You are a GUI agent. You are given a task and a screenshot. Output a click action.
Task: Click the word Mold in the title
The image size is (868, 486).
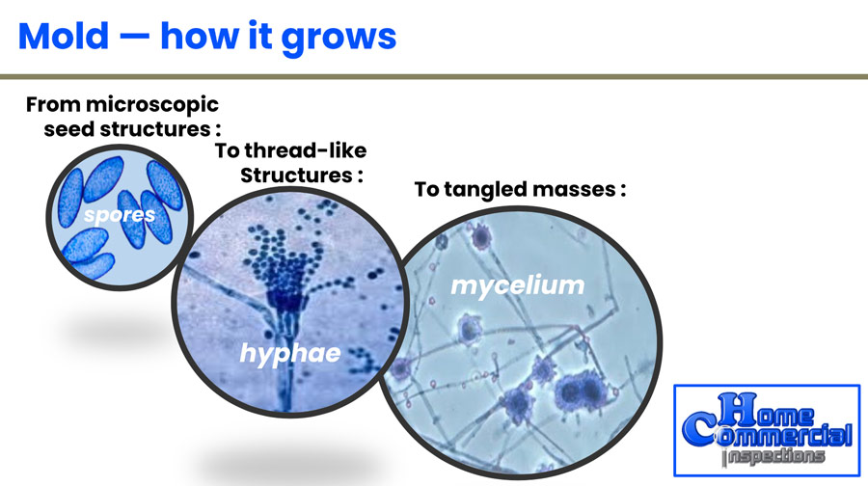point(63,36)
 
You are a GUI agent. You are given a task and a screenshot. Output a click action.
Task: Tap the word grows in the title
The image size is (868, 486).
point(339,39)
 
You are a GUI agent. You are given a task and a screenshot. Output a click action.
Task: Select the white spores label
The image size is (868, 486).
point(120,215)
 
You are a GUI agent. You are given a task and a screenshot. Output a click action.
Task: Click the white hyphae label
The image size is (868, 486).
point(290,354)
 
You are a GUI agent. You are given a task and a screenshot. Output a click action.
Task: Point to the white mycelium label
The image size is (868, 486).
point(518,286)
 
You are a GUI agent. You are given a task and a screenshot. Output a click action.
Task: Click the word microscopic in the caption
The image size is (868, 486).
point(152,105)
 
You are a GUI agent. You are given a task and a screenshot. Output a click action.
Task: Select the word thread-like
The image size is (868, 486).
point(306,150)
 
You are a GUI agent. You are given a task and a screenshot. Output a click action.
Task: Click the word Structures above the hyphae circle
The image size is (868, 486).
point(296,175)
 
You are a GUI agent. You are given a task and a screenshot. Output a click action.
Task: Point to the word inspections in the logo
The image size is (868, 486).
point(773,456)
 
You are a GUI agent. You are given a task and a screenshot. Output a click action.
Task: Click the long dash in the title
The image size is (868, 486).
point(134,37)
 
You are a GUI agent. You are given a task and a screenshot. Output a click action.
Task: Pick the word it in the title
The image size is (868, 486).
point(260,36)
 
